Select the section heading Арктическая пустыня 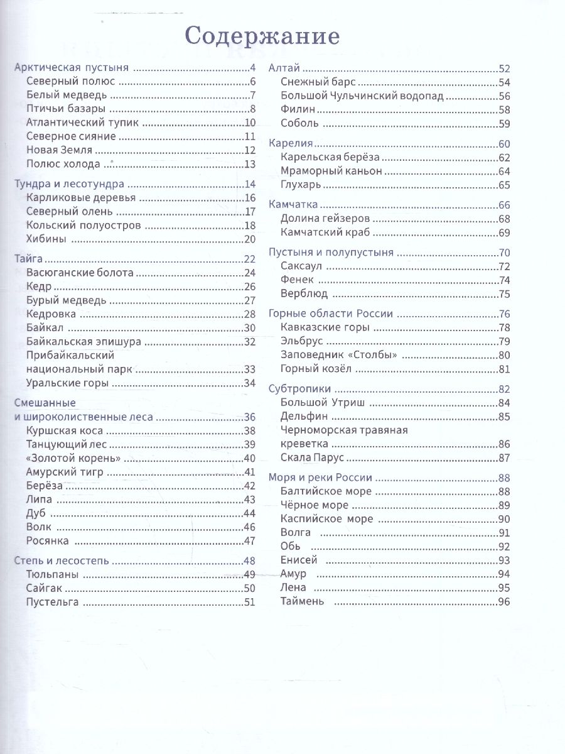(x=71, y=68)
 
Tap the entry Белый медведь (x=67, y=96)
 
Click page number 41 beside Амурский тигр (x=250, y=472)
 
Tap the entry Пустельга (x=53, y=603)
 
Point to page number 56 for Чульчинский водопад (x=504, y=96)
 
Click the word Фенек (x=297, y=280)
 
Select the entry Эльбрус (x=302, y=342)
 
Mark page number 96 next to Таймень (x=504, y=601)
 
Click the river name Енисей (x=299, y=560)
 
